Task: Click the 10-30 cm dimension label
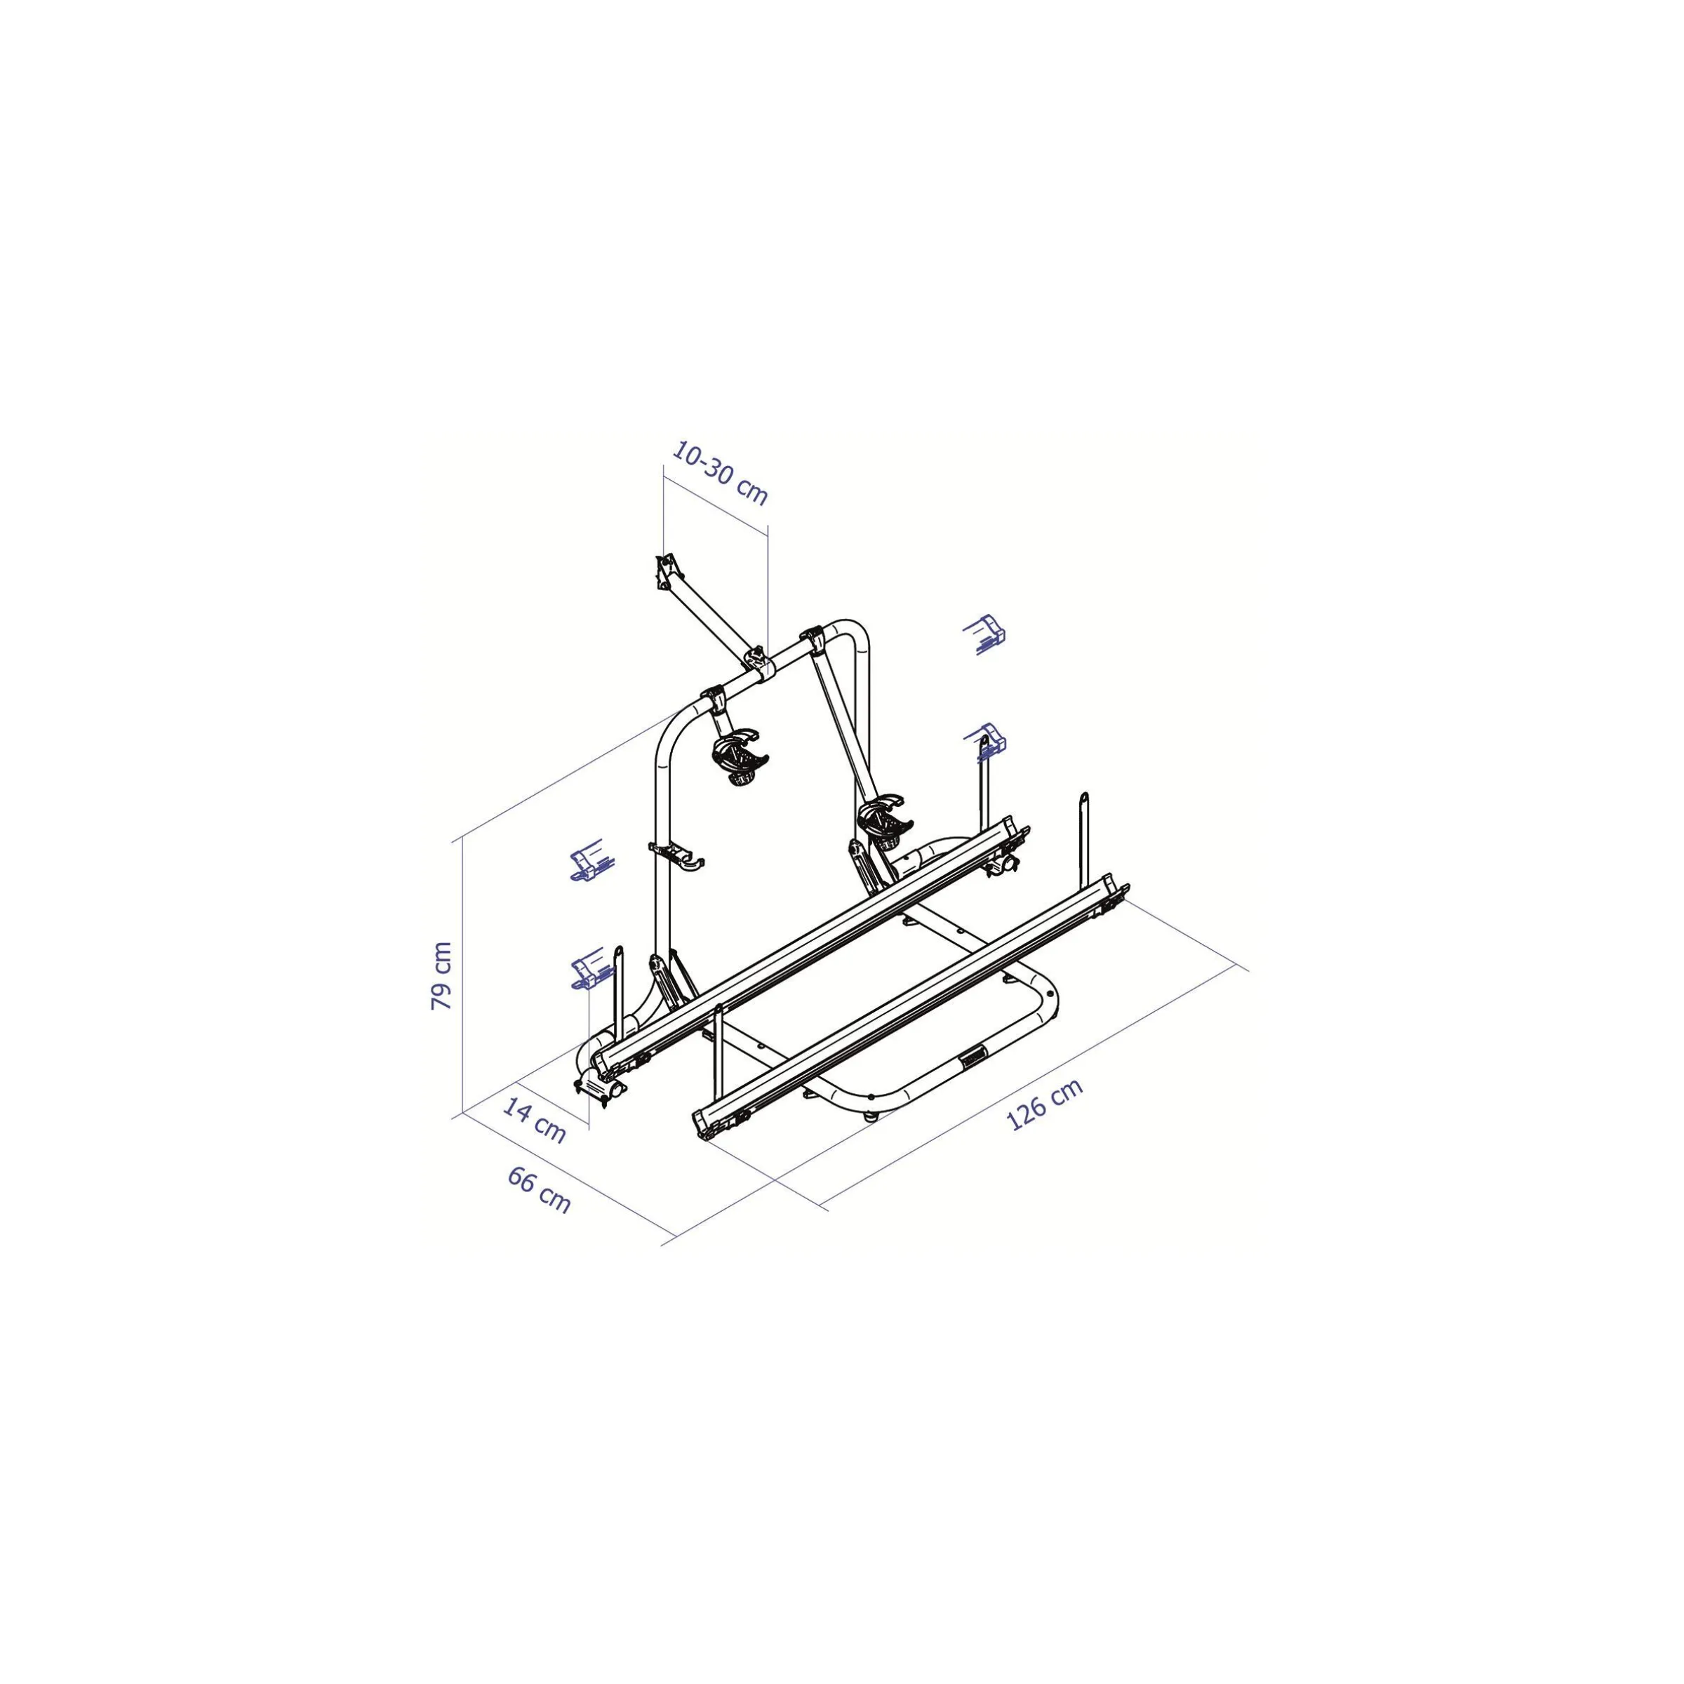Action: tap(720, 474)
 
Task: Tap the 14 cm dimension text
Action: tap(534, 1121)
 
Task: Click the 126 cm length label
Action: tap(1044, 1104)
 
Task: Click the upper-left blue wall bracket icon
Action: tap(592, 860)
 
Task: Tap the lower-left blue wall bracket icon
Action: tap(592, 968)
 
